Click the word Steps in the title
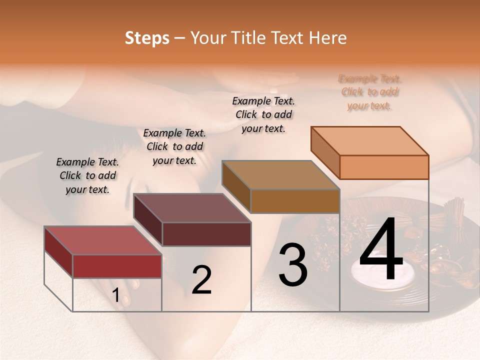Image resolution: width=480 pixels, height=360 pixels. (x=147, y=38)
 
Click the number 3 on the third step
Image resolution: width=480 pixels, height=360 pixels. (x=292, y=264)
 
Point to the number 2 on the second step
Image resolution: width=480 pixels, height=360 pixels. (x=201, y=280)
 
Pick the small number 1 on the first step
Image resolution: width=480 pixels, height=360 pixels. (x=115, y=296)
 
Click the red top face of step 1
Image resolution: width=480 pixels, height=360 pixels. (x=102, y=240)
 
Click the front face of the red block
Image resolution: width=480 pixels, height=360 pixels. (x=117, y=266)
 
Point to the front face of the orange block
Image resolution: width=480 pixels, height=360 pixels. (x=384, y=167)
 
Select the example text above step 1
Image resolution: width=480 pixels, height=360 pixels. (x=87, y=175)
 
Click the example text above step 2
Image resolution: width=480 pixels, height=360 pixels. (x=174, y=146)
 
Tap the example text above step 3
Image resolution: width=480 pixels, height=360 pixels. (x=263, y=114)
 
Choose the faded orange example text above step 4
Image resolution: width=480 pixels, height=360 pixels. (x=370, y=92)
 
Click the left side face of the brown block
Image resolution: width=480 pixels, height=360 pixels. (x=236, y=186)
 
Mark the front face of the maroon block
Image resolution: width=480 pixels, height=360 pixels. (x=206, y=234)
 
